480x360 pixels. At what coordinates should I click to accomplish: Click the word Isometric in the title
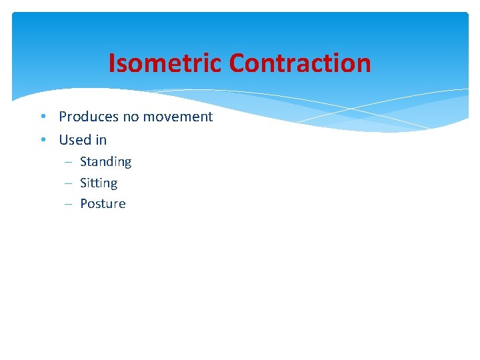pos(165,63)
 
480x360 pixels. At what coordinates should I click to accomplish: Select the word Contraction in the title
pos(299,63)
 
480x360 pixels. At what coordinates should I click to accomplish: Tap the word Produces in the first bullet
pos(88,117)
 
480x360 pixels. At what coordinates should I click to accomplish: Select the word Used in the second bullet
pos(75,140)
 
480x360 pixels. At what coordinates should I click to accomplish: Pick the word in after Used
pos(101,140)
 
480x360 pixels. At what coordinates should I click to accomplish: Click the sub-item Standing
pos(105,162)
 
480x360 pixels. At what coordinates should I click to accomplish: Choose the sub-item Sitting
pos(98,183)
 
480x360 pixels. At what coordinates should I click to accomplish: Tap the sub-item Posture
pos(103,204)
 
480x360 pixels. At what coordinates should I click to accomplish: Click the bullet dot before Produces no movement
pos(42,117)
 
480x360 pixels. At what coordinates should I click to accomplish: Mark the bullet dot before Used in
pos(42,141)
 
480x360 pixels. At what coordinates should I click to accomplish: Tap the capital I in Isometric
pos(112,63)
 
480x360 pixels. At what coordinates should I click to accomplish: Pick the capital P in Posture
pos(84,204)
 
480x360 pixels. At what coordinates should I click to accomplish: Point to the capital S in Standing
pos(84,162)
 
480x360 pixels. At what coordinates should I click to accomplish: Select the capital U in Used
pos(64,140)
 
